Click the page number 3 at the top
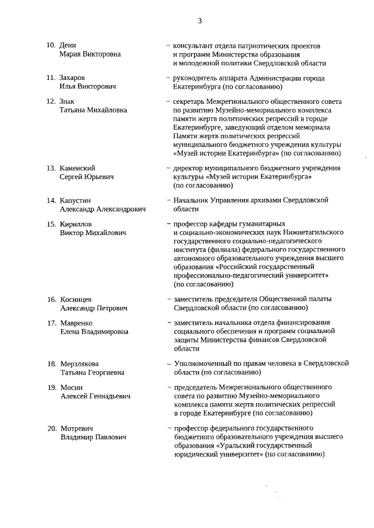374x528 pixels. pos(199,21)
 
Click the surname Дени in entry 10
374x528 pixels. pos(68,46)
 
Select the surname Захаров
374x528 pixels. pos(73,78)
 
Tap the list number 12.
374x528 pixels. pos(51,101)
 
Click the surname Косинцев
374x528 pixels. pos(76,299)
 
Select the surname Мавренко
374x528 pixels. pos(77,323)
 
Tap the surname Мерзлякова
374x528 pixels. pos(80,363)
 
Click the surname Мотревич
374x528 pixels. pos(77,428)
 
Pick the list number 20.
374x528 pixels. pos(51,428)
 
